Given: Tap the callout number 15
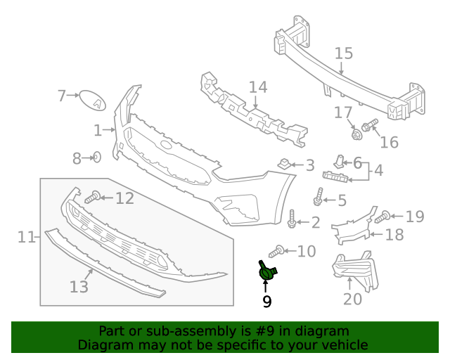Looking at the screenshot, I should pos(343,53).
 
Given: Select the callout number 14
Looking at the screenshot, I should pos(258,87).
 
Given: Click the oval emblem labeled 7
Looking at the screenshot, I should pos(91,100).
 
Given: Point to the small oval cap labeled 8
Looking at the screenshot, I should pos(97,157).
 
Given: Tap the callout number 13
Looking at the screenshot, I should pos(79,286).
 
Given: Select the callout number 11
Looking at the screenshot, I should pos(27,237).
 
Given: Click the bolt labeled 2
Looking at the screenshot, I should pos(292,219).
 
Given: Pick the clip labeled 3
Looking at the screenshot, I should pos(284,165).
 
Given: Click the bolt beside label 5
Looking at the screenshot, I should pos(319,198).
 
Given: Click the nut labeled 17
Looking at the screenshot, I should pos(356,131).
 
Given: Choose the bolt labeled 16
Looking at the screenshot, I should pos(371,127).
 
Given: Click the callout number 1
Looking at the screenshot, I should pos(98,130).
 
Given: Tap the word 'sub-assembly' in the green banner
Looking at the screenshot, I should pos(184,330).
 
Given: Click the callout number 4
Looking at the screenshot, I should pos(378,170).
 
